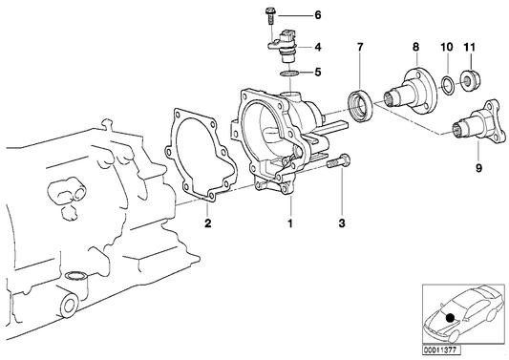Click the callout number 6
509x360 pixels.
[318, 16]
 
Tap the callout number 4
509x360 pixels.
[318, 46]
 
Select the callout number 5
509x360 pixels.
[318, 72]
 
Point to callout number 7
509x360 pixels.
[359, 47]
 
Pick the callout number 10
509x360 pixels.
[445, 47]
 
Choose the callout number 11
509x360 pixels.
[469, 47]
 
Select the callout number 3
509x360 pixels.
[340, 223]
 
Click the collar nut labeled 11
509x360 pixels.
[470, 79]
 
